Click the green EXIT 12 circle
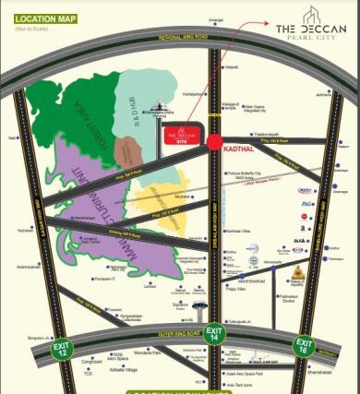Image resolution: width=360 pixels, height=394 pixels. pyautogui.click(x=62, y=349)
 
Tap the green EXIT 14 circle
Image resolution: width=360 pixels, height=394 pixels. pyautogui.click(x=215, y=334)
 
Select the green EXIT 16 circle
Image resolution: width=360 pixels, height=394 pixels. pyautogui.click(x=304, y=346)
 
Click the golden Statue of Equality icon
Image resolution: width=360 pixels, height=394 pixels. pyautogui.click(x=300, y=273)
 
